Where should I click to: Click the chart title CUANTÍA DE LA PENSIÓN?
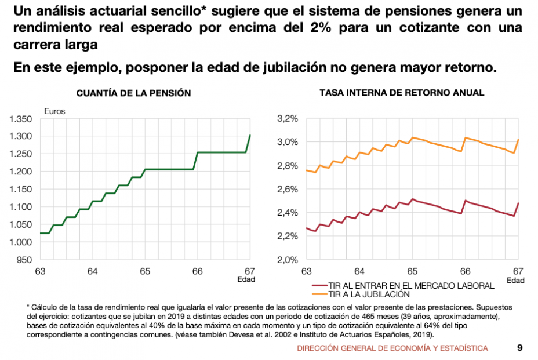tap(134, 93)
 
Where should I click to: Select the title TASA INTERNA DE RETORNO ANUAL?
tap(402, 93)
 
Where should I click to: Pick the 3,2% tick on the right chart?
tap(288, 119)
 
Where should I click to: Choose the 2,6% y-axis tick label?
tap(288, 189)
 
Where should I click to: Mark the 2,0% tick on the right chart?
tap(288, 260)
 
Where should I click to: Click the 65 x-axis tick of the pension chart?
tap(145, 271)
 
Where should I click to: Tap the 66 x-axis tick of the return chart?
tap(465, 271)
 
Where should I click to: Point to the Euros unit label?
tap(55, 111)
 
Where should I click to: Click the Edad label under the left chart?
tap(246, 279)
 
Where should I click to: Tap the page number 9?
tap(519, 348)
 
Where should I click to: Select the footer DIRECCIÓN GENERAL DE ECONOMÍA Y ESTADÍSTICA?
tap(392, 348)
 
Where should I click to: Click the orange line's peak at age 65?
tap(412, 137)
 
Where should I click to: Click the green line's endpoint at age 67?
tap(250, 135)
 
